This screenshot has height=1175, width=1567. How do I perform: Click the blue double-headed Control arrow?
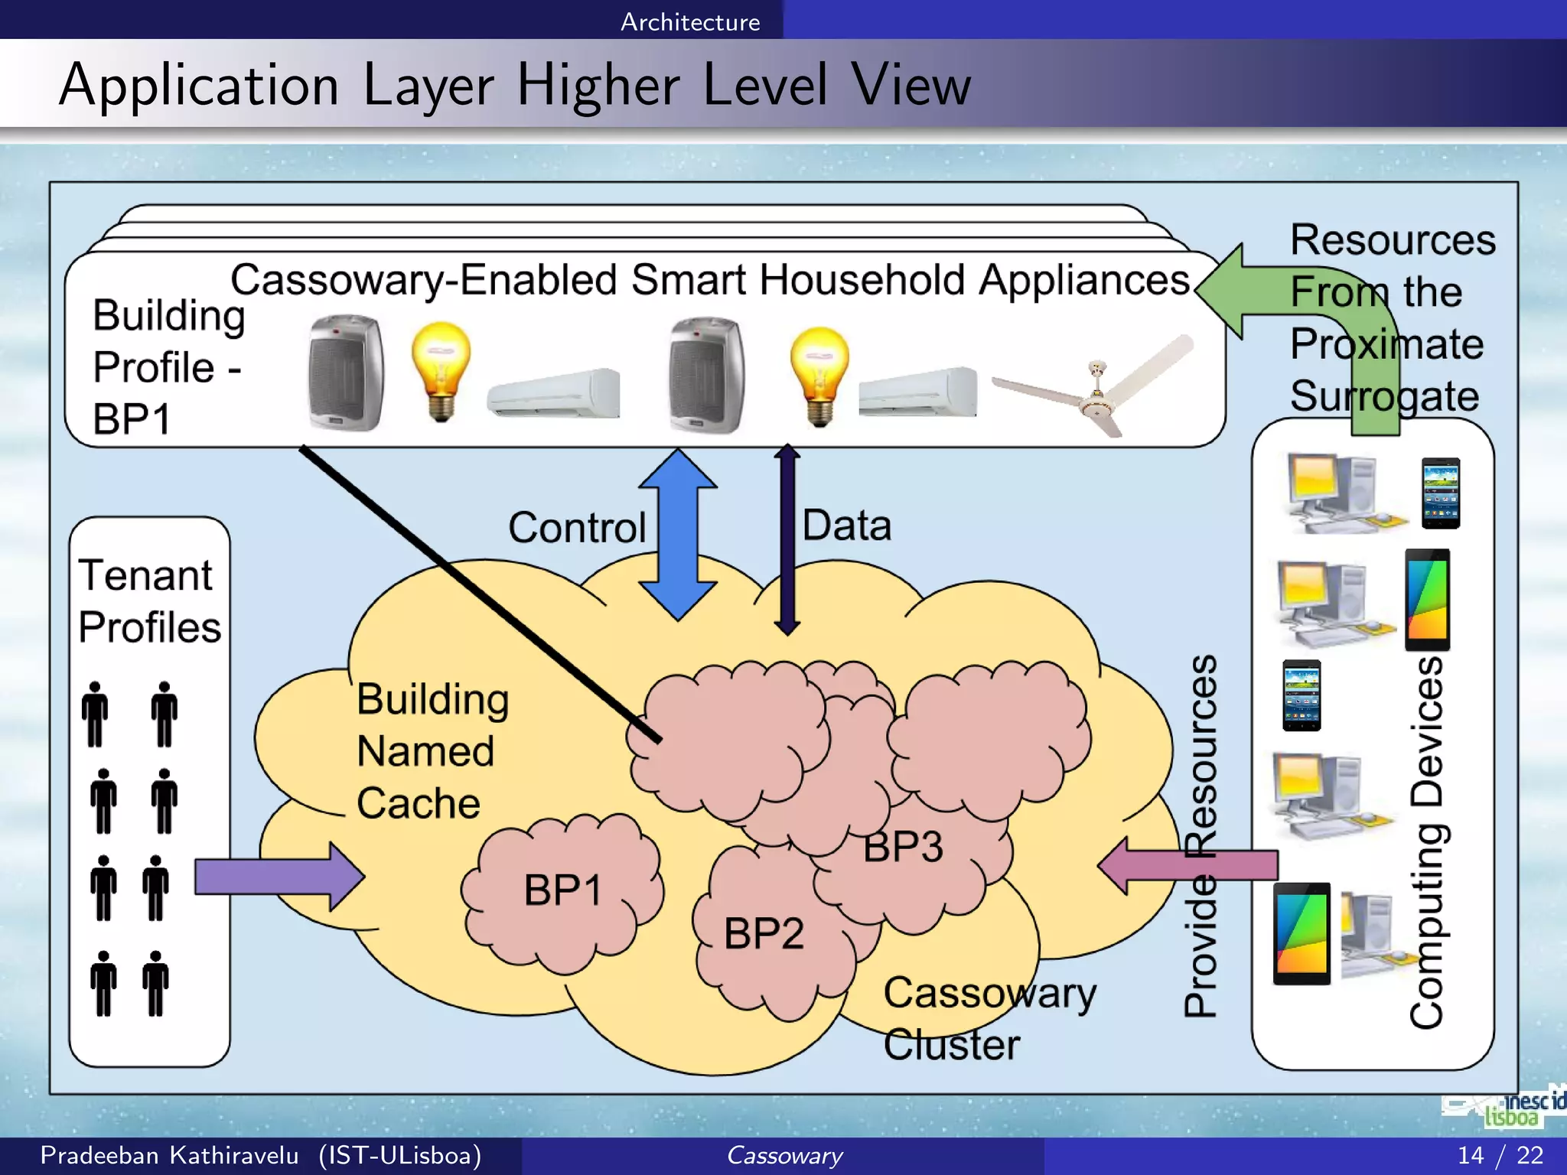678,535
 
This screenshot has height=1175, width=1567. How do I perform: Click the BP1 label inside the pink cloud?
563,890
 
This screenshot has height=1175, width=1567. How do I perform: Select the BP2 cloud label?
764,934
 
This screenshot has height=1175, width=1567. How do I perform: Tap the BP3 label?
903,848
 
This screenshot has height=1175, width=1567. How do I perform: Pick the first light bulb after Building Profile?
441,370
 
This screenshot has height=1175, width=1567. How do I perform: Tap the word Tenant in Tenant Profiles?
145,575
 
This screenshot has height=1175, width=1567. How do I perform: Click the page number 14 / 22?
1500,1155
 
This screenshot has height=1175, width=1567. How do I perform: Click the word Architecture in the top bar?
690,21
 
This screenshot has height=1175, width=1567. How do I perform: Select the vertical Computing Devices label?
1426,841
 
